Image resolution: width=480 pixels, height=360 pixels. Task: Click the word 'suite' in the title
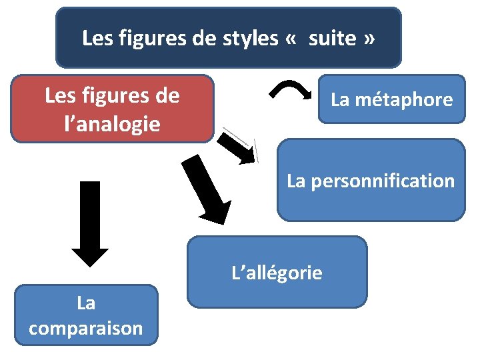click(332, 38)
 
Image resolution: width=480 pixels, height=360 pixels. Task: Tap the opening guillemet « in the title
click(291, 39)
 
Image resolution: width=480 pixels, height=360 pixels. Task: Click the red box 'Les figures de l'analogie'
click(112, 108)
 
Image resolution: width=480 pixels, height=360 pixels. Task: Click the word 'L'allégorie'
click(277, 273)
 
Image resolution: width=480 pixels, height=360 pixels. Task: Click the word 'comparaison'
click(86, 329)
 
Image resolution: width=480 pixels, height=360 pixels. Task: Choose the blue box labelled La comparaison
click(86, 315)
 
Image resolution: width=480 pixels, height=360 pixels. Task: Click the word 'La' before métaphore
click(340, 100)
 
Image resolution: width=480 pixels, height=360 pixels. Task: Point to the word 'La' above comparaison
click(86, 303)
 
